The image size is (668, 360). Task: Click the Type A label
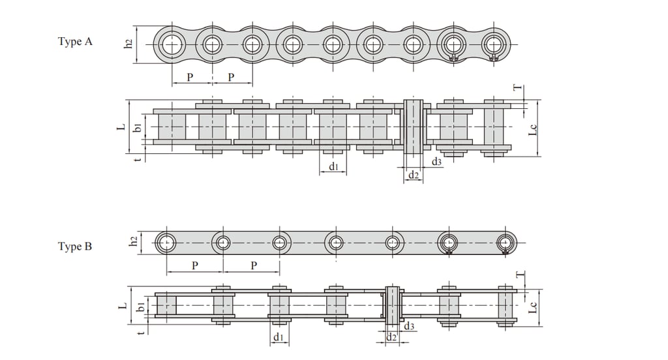[75, 42]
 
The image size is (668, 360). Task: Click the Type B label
[75, 247]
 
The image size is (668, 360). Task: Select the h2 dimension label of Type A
[129, 44]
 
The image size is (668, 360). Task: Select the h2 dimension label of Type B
[133, 241]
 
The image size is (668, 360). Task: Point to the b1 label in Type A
[138, 127]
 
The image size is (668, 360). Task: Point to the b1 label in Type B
[140, 306]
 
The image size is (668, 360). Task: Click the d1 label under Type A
[333, 167]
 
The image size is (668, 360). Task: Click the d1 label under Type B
[279, 337]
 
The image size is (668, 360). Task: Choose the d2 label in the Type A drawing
[414, 175]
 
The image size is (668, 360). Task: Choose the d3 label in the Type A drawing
[436, 161]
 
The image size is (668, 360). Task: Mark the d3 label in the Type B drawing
[409, 326]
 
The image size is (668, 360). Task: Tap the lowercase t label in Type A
[137, 158]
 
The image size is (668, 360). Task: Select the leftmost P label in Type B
[195, 265]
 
